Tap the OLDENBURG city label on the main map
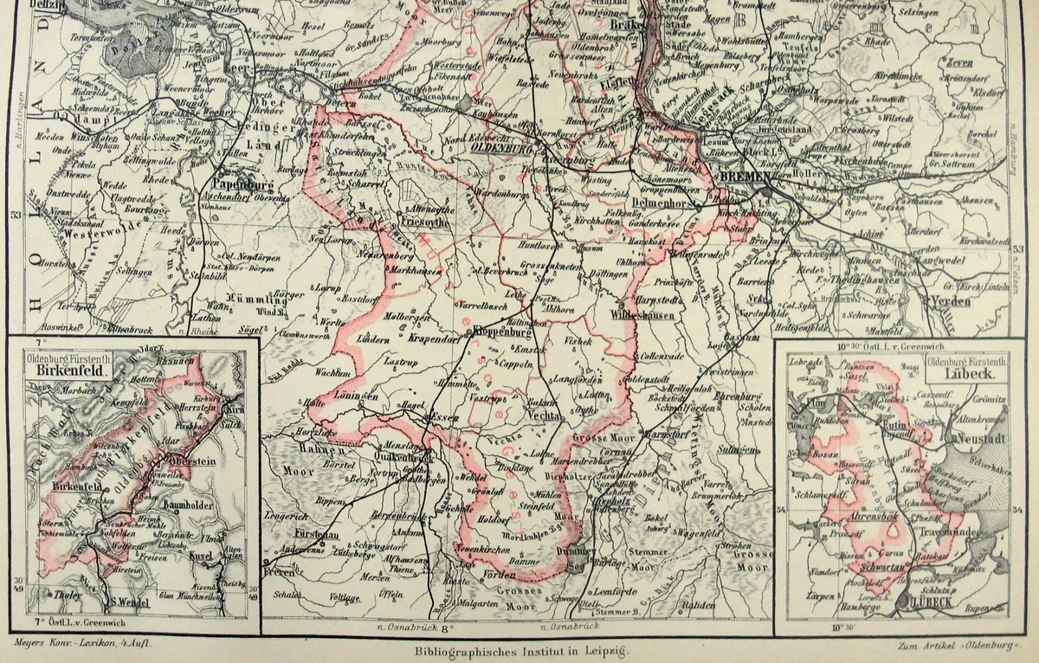(500, 147)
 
